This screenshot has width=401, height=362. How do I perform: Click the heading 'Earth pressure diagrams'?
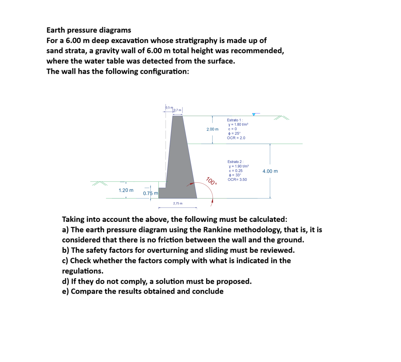89,30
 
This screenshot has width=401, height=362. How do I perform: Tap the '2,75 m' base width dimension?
178,203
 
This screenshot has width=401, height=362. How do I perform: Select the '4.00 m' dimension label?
270,171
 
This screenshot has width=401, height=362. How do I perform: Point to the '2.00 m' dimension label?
212,129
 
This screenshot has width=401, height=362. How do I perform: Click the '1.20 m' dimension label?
126,190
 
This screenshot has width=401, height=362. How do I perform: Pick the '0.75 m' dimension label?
150,193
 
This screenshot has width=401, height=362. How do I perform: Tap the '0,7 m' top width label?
177,110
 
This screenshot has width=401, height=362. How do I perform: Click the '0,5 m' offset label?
169,108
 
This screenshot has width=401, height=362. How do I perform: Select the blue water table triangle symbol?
254,115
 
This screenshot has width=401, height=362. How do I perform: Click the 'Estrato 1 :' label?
235,120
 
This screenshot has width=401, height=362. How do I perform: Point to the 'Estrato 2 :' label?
235,162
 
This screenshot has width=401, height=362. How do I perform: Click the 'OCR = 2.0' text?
236,138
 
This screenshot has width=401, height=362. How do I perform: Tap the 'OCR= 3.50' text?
237,179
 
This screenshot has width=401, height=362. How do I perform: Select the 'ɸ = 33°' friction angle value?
235,175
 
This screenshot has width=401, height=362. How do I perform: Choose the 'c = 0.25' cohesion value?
235,171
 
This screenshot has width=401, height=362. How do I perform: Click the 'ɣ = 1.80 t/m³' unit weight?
238,124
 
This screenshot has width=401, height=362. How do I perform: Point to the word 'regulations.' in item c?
83,271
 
